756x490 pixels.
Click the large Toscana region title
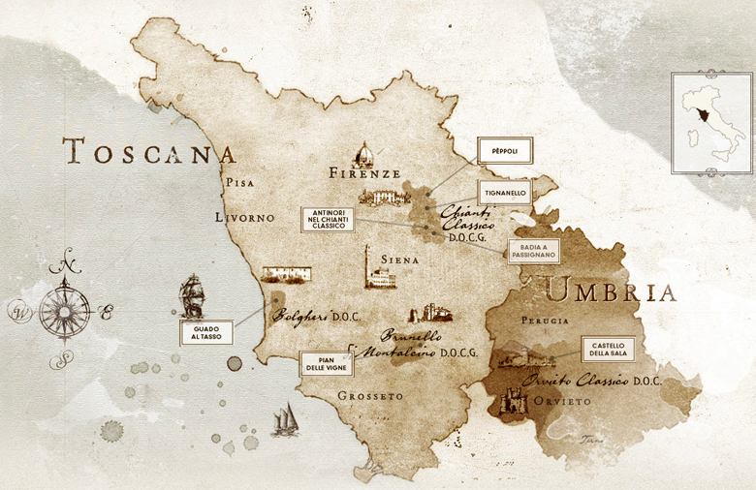[149, 152]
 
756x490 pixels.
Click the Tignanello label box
[504, 193]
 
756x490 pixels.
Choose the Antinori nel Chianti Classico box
[328, 219]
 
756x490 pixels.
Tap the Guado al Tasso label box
[205, 332]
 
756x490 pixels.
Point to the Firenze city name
[364, 174]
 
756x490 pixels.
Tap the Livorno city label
[245, 219]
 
